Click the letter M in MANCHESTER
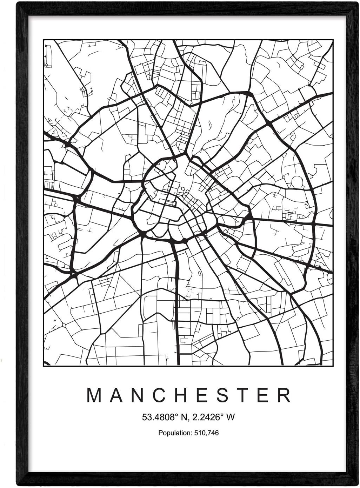click(x=94, y=395)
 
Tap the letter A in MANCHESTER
click(x=116, y=395)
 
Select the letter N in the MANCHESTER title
click(x=138, y=395)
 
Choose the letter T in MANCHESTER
click(x=241, y=395)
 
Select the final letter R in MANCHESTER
click(x=283, y=395)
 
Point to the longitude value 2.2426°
click(x=207, y=417)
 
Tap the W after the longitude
click(x=231, y=417)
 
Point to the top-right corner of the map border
click(x=333, y=40)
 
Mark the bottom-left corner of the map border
click(x=44, y=366)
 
